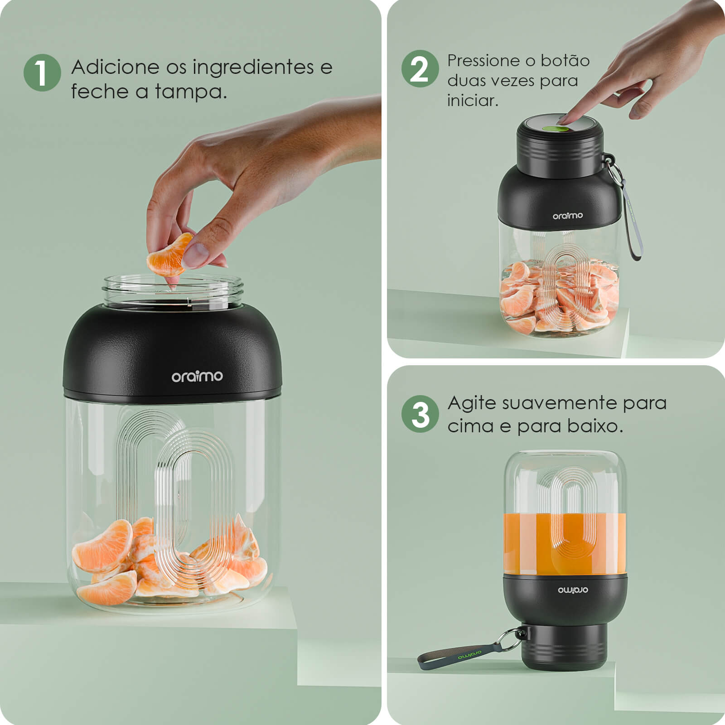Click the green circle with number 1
click(x=42, y=73)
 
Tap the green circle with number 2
click(x=420, y=69)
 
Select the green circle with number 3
click(x=420, y=414)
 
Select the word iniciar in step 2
click(x=473, y=100)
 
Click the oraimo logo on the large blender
click(x=197, y=376)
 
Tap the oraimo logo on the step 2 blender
click(x=567, y=216)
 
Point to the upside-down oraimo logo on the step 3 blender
click(x=573, y=590)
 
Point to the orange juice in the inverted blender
click(x=565, y=544)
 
